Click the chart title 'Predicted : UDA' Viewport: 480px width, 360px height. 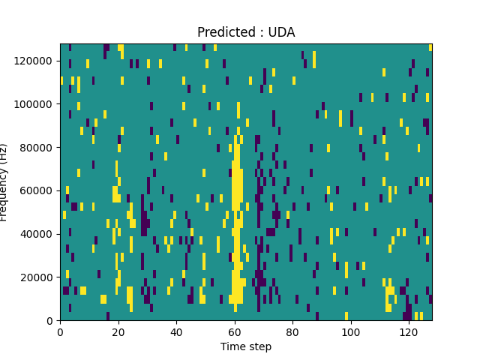click(x=246, y=32)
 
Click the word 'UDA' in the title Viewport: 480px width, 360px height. click(x=281, y=32)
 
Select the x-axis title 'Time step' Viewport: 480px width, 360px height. click(x=246, y=346)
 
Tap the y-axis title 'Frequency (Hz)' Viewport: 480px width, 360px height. click(x=4, y=182)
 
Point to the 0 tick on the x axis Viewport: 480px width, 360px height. click(x=60, y=331)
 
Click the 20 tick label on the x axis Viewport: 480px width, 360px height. click(x=118, y=331)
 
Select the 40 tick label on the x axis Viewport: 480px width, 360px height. click(x=176, y=331)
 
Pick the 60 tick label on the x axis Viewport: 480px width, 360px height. click(x=234, y=331)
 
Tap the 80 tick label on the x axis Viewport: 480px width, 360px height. click(x=292, y=331)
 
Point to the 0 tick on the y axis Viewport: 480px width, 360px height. click(x=50, y=321)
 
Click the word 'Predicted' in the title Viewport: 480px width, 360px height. click(x=223, y=32)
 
